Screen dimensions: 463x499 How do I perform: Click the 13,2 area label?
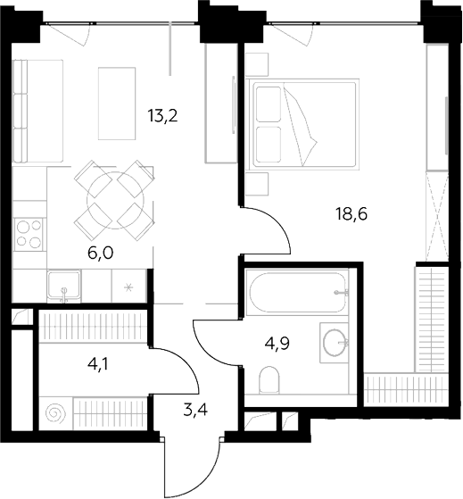click(x=162, y=115)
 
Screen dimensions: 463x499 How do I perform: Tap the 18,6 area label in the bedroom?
click(x=351, y=214)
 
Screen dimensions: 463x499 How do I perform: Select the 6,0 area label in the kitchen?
click(x=100, y=253)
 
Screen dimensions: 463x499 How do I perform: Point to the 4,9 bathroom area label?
click(x=277, y=343)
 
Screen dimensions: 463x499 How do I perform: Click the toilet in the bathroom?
click(x=269, y=379)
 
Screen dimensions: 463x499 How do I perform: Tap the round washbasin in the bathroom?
click(x=335, y=343)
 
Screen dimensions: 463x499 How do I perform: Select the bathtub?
click(x=297, y=292)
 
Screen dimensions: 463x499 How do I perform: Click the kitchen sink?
click(x=64, y=286)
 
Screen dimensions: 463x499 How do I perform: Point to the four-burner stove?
click(x=29, y=234)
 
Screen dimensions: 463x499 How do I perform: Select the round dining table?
click(x=115, y=200)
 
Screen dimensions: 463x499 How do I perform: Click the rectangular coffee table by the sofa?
click(x=117, y=104)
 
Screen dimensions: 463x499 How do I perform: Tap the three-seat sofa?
click(x=37, y=111)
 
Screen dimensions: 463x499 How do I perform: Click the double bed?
click(x=305, y=124)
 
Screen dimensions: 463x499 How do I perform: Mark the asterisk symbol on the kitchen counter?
click(x=128, y=288)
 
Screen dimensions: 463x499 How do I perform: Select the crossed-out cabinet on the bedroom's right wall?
click(x=437, y=217)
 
